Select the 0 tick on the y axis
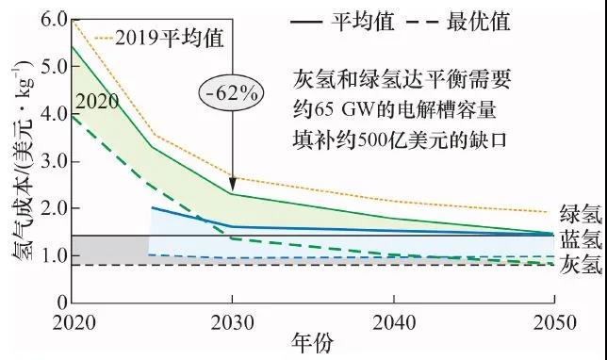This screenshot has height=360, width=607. coord(59,303)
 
